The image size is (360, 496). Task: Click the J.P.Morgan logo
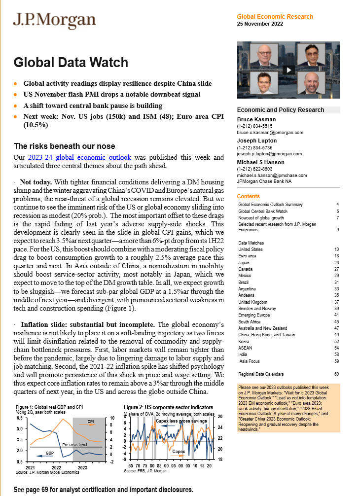click(54, 21)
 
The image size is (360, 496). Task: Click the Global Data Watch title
click(71, 63)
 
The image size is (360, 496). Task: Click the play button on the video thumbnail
click(288, 70)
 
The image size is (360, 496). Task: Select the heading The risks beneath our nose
click(64, 146)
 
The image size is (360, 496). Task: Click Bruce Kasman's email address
click(270, 133)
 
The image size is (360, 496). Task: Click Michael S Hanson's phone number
click(252, 169)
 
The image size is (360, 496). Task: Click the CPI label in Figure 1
click(91, 422)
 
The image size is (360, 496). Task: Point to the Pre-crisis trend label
click(75, 444)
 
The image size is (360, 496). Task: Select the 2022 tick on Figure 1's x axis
click(56, 467)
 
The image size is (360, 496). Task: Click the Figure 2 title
click(169, 408)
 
